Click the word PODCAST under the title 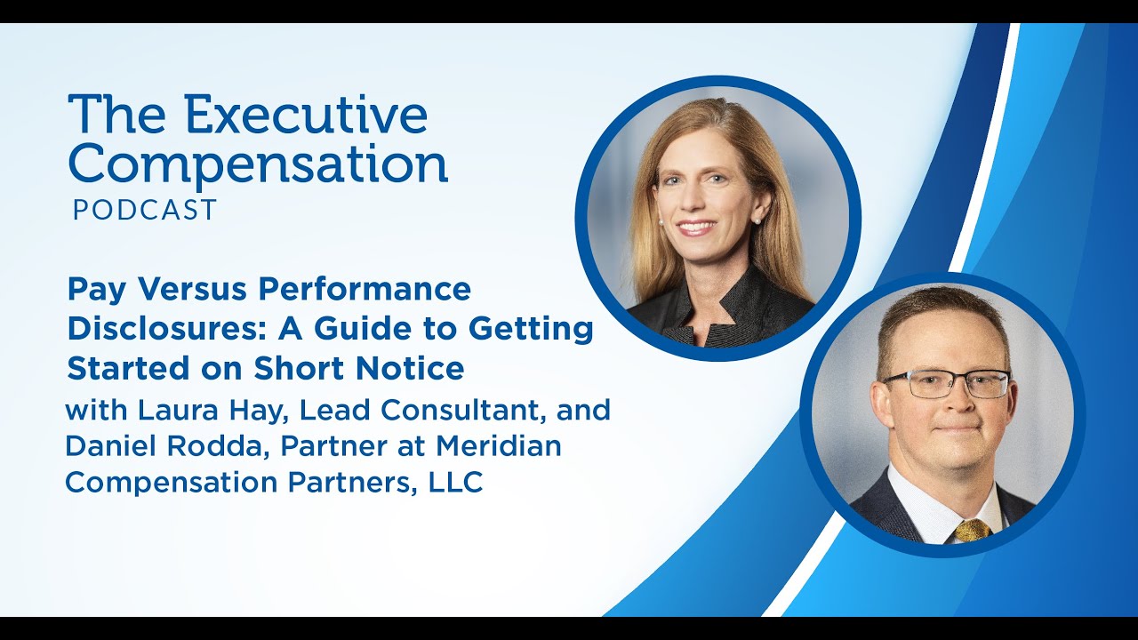145,210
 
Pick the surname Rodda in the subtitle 220,446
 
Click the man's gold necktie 971,531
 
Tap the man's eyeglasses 946,384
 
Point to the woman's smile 697,227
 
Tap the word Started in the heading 126,368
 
